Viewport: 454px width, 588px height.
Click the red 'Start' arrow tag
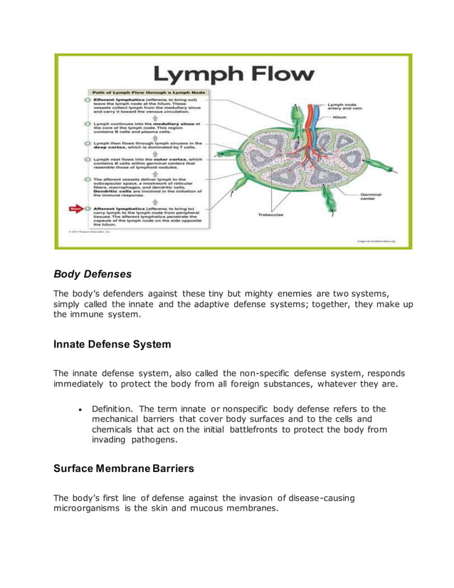[x=76, y=209]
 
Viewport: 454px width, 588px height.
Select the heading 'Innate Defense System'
[x=112, y=345]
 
